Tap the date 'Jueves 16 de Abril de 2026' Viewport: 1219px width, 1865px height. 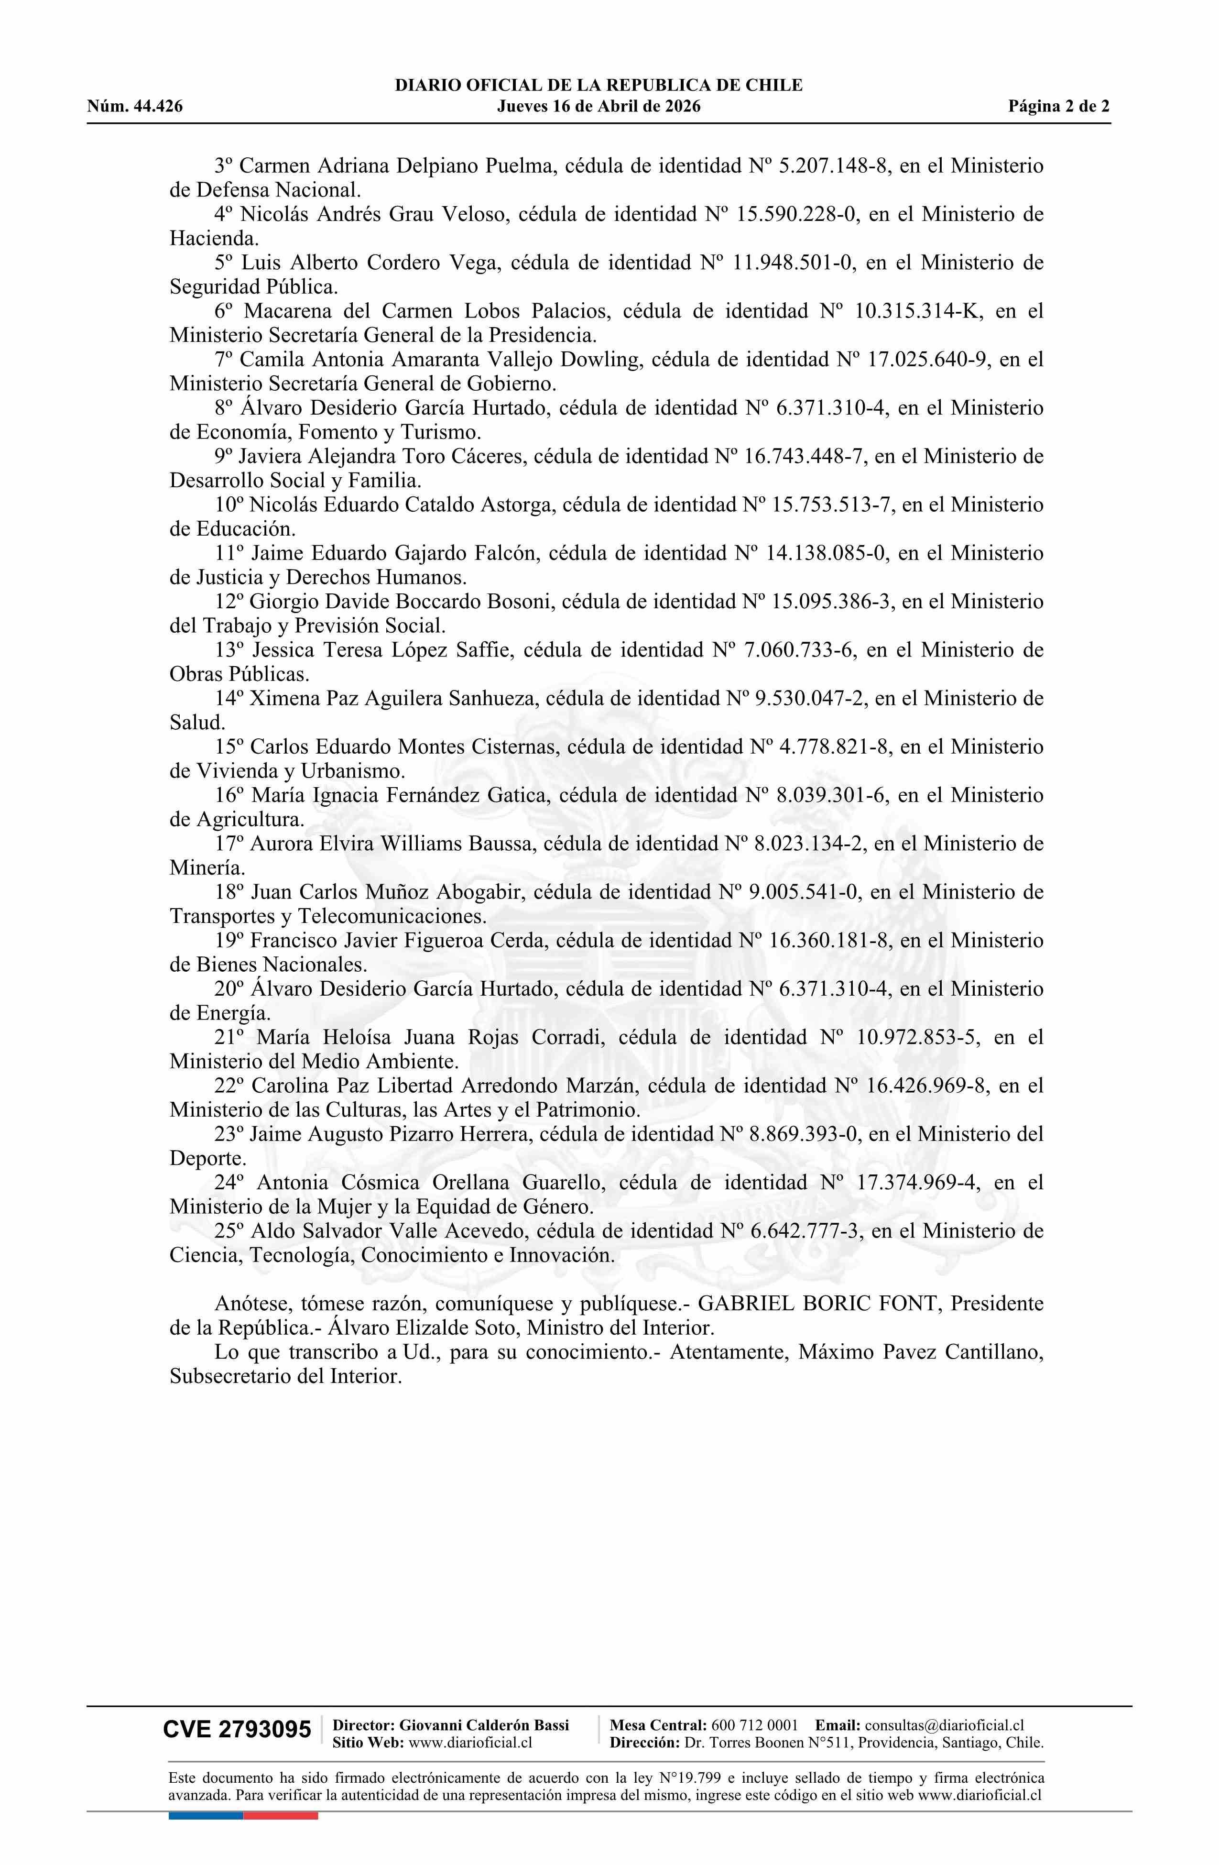tap(599, 107)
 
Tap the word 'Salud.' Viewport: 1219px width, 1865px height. tap(197, 722)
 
